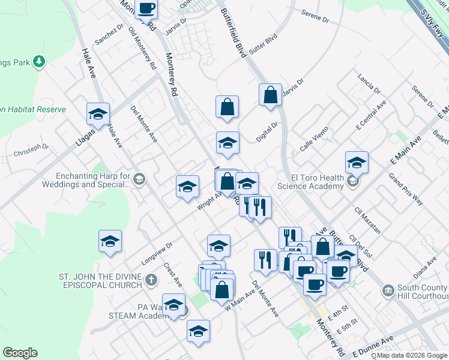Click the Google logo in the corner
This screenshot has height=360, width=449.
[20, 353]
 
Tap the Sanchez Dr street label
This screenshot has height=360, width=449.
[109, 35]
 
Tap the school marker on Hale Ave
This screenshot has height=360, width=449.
[98, 113]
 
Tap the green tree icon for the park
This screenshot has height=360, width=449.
[39, 61]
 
